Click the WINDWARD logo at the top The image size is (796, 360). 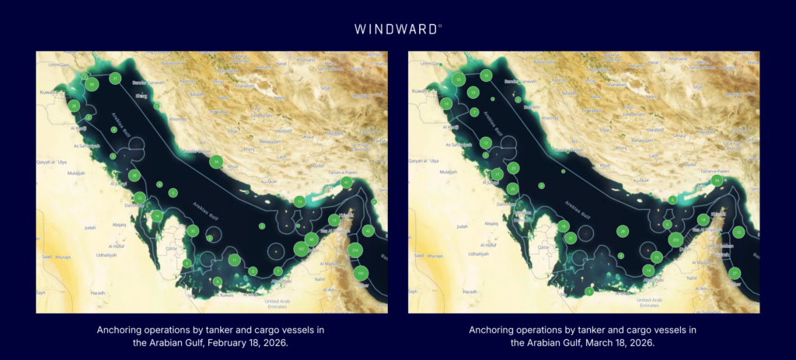click(x=398, y=29)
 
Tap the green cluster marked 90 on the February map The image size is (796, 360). click(x=92, y=84)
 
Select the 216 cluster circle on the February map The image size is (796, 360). click(x=354, y=250)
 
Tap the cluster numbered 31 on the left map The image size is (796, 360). click(x=115, y=78)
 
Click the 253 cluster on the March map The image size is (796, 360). click(x=676, y=240)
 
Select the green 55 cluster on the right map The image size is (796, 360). click(x=459, y=79)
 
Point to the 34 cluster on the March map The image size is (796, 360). click(x=717, y=180)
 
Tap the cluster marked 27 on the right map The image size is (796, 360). click(x=735, y=273)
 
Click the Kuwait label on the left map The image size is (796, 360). click(x=48, y=93)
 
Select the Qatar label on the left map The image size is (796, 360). click(x=173, y=249)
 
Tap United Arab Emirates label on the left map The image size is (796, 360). click(x=282, y=303)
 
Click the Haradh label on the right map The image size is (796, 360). click(x=470, y=292)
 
